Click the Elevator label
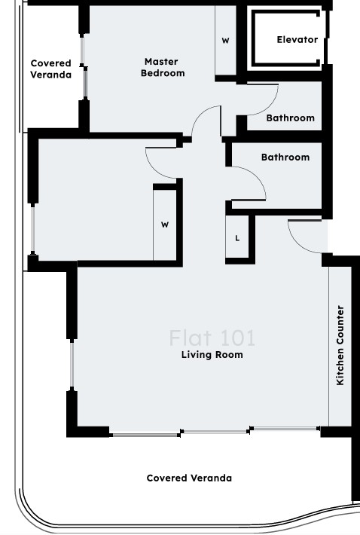click(x=297, y=40)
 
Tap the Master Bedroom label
click(x=163, y=67)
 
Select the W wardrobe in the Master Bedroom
click(x=225, y=41)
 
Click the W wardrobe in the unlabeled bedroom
click(x=165, y=225)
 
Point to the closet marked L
click(x=237, y=238)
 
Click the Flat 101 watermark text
click(x=212, y=338)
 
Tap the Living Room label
click(x=212, y=355)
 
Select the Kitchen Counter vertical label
click(x=340, y=345)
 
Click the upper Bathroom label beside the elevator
click(x=291, y=118)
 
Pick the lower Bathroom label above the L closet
click(x=285, y=157)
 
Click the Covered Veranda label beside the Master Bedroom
click(x=50, y=69)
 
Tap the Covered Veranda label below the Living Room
click(x=189, y=478)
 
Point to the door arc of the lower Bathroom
click(x=255, y=176)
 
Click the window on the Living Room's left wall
click(x=72, y=365)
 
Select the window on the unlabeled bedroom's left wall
click(x=32, y=228)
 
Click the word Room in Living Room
click(x=230, y=355)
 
